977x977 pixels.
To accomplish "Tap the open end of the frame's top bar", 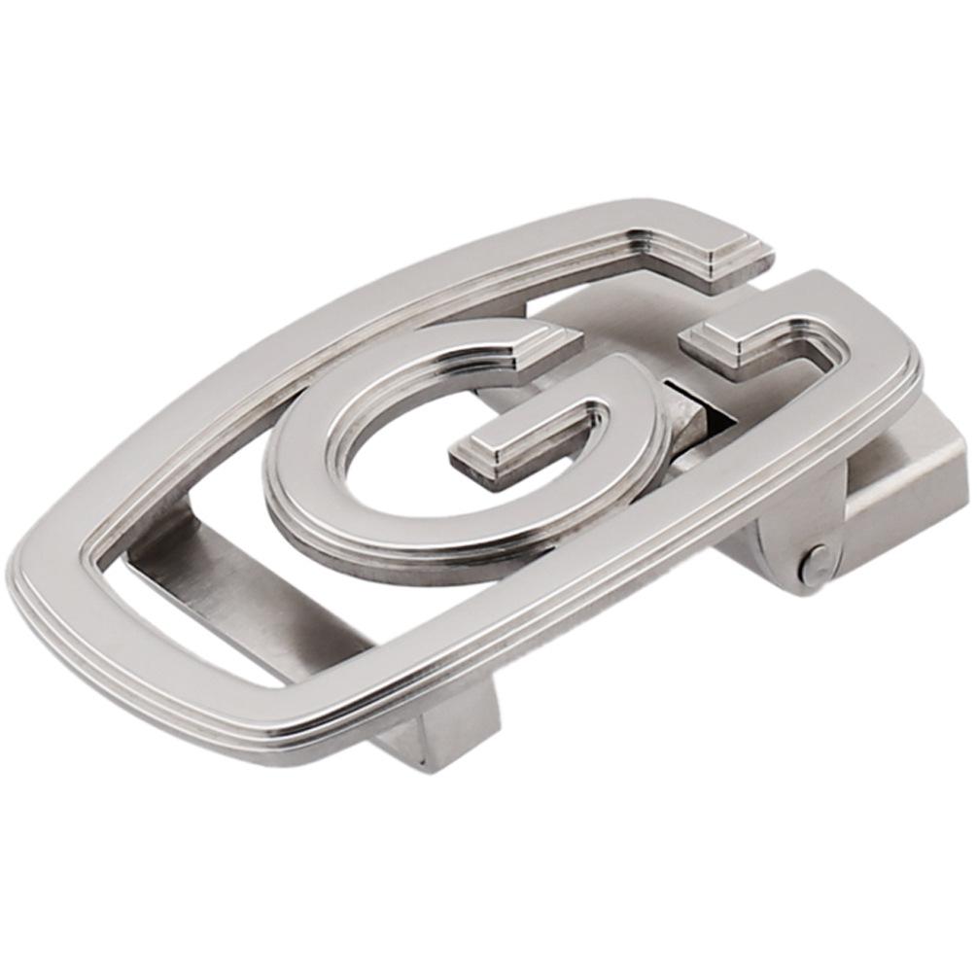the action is point(735,262).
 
